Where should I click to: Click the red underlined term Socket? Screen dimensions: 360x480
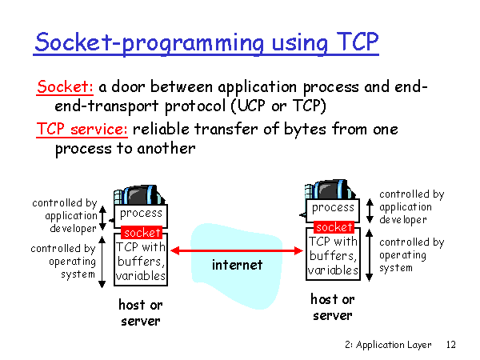66,87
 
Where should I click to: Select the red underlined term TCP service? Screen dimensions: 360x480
83,130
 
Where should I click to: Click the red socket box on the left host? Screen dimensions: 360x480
141,233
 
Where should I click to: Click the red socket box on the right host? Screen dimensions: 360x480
333,227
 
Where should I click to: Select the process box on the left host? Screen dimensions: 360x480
141,214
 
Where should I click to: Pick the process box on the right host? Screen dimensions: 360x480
333,208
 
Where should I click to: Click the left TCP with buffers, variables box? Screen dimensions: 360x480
142,261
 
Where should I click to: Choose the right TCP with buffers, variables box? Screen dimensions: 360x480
333,255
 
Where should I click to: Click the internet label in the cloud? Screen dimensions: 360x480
237,265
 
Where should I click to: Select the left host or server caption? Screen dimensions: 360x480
141,312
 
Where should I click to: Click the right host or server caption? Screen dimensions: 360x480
332,307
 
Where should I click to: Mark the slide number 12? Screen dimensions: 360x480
450,345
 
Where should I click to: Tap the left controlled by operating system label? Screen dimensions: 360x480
64,262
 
